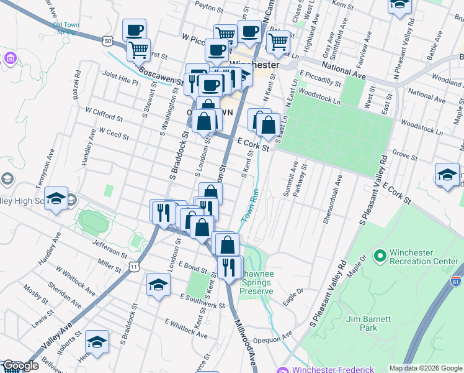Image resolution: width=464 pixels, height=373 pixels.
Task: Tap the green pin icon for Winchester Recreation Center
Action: (380, 256)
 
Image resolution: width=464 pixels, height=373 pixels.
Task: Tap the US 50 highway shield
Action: (109, 41)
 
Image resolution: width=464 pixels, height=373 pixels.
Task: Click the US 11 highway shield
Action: (134, 266)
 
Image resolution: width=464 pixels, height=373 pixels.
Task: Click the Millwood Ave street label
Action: (245, 339)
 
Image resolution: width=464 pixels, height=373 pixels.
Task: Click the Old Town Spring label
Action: (65, 29)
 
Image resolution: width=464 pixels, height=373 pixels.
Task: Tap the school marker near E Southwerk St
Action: (158, 285)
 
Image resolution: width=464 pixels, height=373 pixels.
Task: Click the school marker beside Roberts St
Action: (96, 342)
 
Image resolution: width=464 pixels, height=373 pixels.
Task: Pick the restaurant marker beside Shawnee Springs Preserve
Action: (230, 267)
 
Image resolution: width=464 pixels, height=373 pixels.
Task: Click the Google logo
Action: (20, 366)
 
